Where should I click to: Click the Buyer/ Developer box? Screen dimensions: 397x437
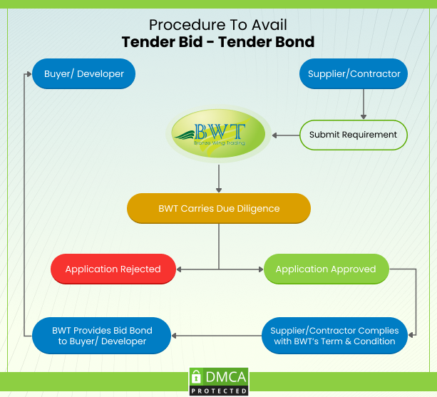(x=84, y=73)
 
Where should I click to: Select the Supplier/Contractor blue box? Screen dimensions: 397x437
(x=354, y=73)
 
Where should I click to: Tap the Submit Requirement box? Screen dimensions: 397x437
(x=354, y=135)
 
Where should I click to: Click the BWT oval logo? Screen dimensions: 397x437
(x=219, y=133)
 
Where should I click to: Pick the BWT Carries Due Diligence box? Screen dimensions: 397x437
(x=219, y=208)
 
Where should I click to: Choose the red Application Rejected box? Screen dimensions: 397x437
(x=113, y=269)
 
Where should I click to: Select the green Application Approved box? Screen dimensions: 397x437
(x=326, y=269)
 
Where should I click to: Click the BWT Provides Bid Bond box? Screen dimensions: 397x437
(x=102, y=336)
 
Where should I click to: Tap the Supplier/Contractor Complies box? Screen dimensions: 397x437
(x=334, y=336)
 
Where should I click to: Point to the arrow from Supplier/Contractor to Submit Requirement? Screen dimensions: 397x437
(x=364, y=104)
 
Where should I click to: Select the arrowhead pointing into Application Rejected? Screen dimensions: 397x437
(x=179, y=269)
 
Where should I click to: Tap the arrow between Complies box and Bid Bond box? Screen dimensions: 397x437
(x=214, y=336)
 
